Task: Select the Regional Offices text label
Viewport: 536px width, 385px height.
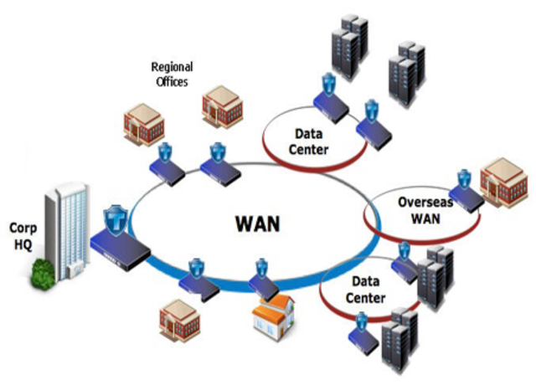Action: tap(171, 74)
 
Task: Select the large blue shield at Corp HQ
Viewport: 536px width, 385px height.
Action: tap(116, 219)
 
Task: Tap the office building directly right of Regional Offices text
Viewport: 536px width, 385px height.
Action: tap(222, 104)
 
